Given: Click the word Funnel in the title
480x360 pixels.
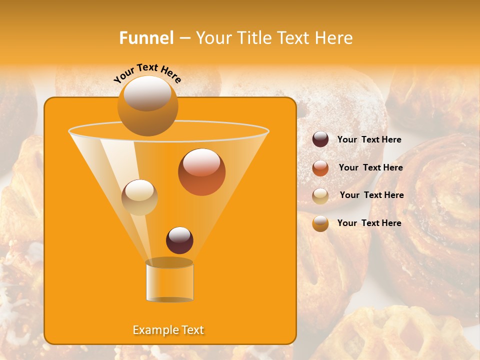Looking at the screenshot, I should (146, 38).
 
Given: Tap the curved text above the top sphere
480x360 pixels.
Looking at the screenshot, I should (147, 73).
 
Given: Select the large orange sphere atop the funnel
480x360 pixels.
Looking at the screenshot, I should (147, 106).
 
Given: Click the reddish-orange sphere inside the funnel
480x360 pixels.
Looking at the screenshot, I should (201, 172).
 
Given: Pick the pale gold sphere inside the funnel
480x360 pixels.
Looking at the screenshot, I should (139, 197).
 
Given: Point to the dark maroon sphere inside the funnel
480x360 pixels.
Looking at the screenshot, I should (179, 240).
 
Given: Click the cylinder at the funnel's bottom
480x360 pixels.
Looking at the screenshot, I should (169, 281).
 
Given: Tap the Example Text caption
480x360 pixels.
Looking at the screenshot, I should (168, 330).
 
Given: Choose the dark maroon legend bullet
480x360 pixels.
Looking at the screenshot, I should (320, 139).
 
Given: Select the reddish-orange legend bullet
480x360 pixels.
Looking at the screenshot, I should (320, 168).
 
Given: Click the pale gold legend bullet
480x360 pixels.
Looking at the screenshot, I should (320, 195).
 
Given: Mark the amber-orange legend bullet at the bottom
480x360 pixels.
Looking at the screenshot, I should (320, 223).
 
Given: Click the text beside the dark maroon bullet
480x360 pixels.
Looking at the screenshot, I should (369, 140).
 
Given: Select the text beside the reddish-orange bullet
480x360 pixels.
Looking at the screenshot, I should (370, 168).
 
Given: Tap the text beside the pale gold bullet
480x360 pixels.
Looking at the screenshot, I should (371, 195).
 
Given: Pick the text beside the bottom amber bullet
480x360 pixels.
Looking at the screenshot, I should (369, 223).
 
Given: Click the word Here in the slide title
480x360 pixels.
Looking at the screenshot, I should (333, 38).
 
